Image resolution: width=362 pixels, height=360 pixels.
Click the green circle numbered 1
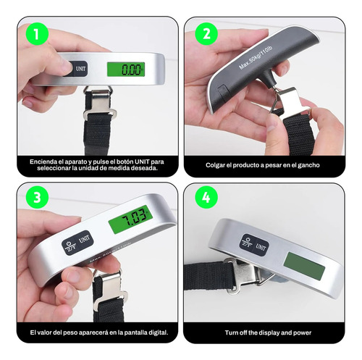[x=37, y=34]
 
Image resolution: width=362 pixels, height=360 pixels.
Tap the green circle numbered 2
[x=206, y=34]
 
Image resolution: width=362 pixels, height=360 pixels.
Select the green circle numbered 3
[x=37, y=198]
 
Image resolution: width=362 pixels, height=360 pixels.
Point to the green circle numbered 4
[x=206, y=198]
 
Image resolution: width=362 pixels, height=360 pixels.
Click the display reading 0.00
[x=126, y=70]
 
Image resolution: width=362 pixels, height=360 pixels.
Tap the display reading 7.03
[x=130, y=219]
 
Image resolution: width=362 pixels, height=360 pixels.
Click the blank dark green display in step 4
[x=305, y=266]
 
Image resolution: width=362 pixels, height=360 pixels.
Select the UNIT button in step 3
[x=84, y=240]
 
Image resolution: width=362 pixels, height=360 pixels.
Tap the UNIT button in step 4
[x=261, y=247]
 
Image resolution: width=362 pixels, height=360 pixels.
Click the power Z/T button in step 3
[x=70, y=246]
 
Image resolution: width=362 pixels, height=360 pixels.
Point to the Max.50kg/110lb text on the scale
[x=256, y=57]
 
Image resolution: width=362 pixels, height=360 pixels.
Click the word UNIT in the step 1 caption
[x=142, y=162]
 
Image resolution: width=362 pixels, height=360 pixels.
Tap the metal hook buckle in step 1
[x=100, y=104]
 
